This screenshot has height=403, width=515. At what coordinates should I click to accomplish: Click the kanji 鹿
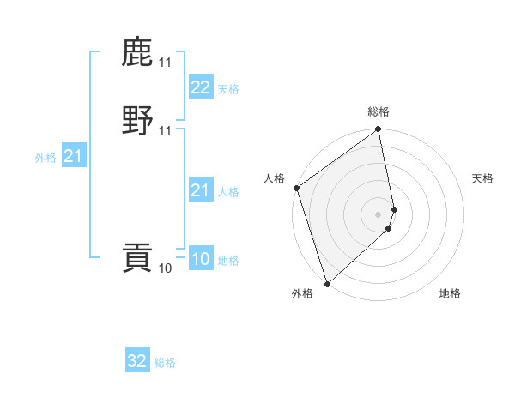click(137, 52)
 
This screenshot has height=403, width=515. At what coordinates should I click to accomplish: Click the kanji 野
click(137, 121)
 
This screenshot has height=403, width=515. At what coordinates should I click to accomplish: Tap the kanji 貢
click(137, 258)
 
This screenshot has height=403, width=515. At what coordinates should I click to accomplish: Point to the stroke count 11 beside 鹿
click(166, 63)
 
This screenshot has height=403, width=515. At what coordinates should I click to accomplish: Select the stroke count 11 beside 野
click(166, 131)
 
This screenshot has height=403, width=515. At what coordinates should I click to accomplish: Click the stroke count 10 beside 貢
click(166, 268)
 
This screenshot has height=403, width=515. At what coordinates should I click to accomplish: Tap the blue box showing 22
click(200, 87)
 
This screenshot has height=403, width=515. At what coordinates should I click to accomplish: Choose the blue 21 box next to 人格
click(200, 190)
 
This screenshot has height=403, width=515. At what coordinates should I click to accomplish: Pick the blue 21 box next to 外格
click(74, 156)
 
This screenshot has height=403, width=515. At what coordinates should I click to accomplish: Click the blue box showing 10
click(200, 259)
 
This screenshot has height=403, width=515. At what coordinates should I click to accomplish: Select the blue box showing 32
click(137, 361)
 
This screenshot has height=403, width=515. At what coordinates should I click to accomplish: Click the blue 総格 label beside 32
click(165, 363)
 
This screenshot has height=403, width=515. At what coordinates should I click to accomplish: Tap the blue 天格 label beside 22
click(228, 89)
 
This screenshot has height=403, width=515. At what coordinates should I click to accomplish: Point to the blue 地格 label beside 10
click(228, 261)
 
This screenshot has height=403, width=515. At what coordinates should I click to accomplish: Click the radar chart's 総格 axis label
click(379, 111)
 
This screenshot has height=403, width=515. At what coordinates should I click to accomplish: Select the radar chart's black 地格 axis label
click(450, 294)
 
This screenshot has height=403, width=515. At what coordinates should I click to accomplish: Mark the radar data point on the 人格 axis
click(296, 188)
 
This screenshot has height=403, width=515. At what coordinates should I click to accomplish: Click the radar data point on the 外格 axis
click(327, 283)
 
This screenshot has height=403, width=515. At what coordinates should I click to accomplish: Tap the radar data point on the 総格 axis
click(379, 130)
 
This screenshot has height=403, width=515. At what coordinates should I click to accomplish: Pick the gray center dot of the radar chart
click(379, 214)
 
